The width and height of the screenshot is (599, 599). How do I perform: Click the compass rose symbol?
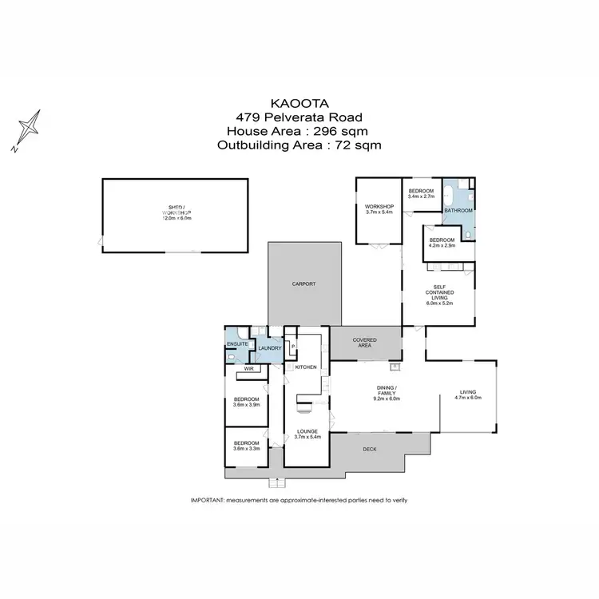[x=30, y=129]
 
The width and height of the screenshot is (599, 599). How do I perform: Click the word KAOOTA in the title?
[x=299, y=103]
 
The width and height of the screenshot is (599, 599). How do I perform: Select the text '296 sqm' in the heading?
[x=343, y=131]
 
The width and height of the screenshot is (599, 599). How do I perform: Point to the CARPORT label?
[x=303, y=284]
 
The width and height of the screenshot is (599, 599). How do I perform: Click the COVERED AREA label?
[x=365, y=343]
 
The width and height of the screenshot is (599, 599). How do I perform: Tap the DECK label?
[x=369, y=450]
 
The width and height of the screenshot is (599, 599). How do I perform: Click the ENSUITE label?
[x=237, y=344]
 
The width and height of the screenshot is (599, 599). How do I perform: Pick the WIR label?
[x=248, y=369]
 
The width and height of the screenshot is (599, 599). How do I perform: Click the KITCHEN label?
[x=307, y=367]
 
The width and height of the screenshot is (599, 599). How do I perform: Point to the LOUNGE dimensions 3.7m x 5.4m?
[x=307, y=437]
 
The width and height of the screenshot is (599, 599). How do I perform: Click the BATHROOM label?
[x=458, y=211]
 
